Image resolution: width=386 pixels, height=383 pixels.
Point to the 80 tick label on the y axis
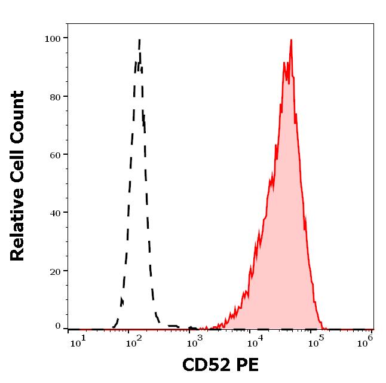coord(55,96)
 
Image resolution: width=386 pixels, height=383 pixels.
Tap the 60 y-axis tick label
coord(55,155)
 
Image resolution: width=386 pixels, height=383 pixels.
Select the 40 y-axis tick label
coord(55,213)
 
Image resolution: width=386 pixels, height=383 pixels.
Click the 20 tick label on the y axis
coord(55,271)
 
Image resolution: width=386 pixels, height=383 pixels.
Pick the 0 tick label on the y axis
coord(58,326)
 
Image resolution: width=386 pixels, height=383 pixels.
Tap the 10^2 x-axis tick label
coord(134,341)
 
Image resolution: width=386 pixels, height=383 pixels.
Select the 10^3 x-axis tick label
coord(195,341)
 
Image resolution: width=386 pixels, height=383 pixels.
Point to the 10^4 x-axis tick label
coord(255,341)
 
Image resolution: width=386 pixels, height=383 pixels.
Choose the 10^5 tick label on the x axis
coord(315,341)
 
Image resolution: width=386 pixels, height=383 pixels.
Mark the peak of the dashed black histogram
coord(139,41)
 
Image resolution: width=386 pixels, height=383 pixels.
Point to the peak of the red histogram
coord(291,41)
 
